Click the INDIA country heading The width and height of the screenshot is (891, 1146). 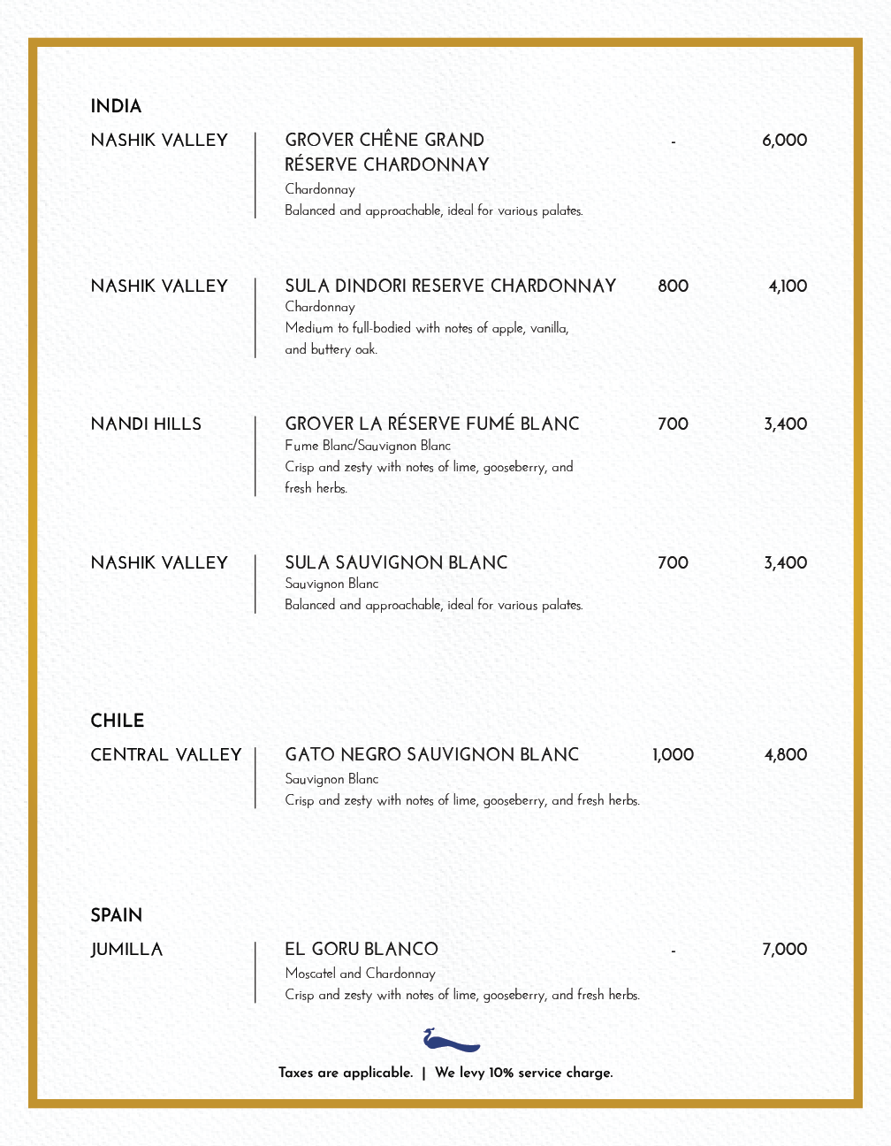pos(116,107)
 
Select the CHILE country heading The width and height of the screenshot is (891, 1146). pos(117,721)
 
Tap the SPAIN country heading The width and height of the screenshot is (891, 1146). pos(116,915)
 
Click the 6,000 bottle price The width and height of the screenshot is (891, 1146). pos(784,141)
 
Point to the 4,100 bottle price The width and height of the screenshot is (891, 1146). pos(787,286)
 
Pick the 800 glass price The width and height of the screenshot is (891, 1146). pos(673,286)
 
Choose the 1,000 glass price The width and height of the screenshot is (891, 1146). pos(673,755)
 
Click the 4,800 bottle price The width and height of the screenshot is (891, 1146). pos(785,755)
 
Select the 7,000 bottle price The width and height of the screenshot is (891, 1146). pos(784,950)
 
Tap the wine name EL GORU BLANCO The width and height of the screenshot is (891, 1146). pos(361,950)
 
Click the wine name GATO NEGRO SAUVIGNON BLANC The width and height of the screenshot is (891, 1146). pos(431,755)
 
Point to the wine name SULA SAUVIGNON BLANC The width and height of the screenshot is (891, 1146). pos(396,563)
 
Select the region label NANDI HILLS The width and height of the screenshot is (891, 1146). pos(146,424)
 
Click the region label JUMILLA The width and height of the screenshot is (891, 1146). pos(126,950)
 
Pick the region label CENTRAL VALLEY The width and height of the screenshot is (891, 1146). pos(165,755)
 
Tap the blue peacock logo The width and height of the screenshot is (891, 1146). pos(451,1040)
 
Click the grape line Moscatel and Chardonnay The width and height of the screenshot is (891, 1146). pos(360,974)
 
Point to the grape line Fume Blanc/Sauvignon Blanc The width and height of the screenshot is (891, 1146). pos(367,446)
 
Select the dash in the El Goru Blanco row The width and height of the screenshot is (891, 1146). pos(673,951)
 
